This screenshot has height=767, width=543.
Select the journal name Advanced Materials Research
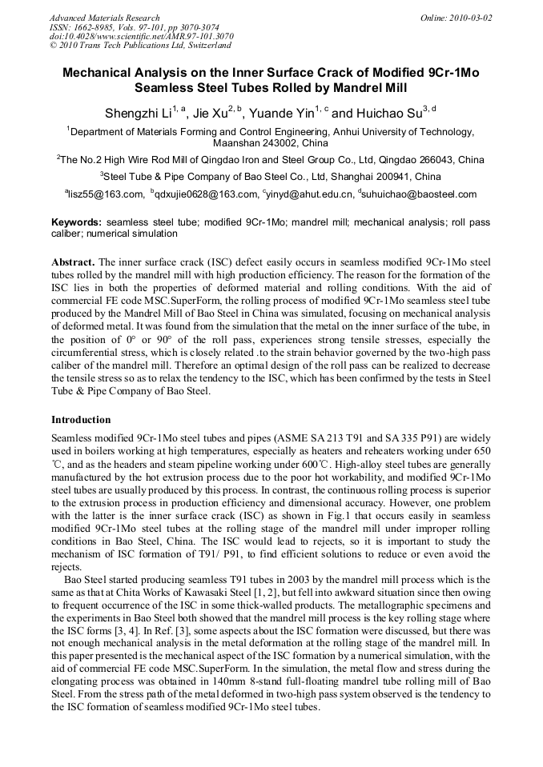pyautogui.click(x=105, y=18)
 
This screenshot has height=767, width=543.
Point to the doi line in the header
pyautogui.click(x=141, y=36)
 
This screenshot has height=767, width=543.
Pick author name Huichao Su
pyautogui.click(x=388, y=114)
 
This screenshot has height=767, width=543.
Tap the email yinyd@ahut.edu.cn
pyautogui.click(x=309, y=194)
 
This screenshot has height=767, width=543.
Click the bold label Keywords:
pyautogui.click(x=77, y=222)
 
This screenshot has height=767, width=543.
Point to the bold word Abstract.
pyautogui.click(x=73, y=262)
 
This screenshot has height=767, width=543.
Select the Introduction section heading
pyautogui.click(x=81, y=419)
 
